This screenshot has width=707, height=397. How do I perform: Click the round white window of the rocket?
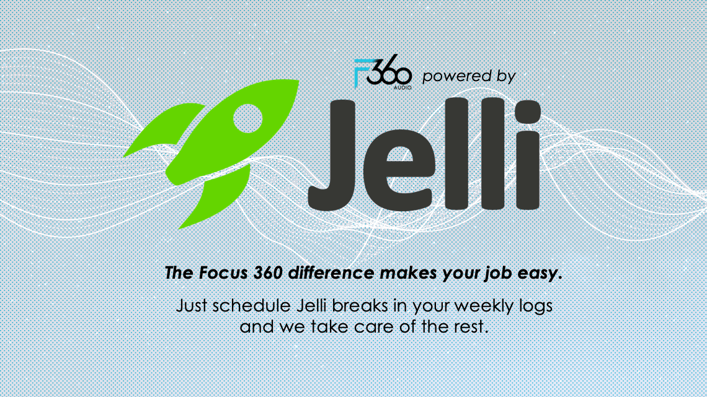tap(247, 118)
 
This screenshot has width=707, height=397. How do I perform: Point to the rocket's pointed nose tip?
tap(298, 81)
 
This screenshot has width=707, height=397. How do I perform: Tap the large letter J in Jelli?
tap(332, 155)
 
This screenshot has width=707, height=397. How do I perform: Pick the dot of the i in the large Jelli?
tap(528, 112)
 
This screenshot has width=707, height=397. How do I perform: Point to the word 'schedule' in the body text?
tap(251, 305)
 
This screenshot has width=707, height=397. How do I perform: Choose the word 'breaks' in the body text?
tap(360, 305)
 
